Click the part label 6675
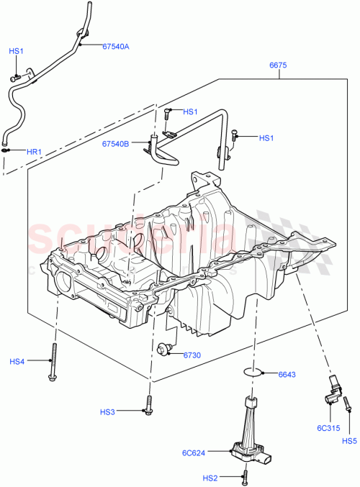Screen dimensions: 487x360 point(279,65)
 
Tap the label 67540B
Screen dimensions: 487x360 point(115,143)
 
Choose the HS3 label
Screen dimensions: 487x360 point(107,412)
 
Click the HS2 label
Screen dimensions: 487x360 point(210,477)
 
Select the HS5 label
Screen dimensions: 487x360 point(349,441)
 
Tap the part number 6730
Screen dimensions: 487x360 point(192,355)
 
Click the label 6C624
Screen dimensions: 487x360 point(194,452)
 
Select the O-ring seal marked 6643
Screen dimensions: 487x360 point(252,372)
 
